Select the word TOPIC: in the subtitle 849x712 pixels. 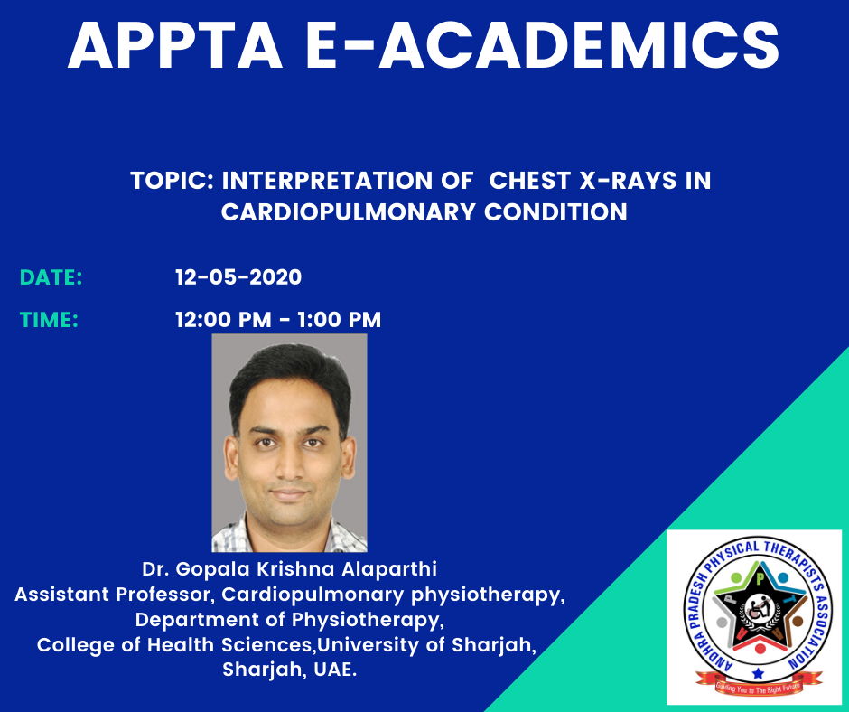pyautogui.click(x=173, y=181)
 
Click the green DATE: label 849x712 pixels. pyautogui.click(x=51, y=277)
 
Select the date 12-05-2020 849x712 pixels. pyautogui.click(x=238, y=277)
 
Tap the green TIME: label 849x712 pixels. pyautogui.click(x=49, y=320)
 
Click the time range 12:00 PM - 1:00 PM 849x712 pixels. pyautogui.click(x=278, y=320)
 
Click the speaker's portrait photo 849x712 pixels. pyautogui.click(x=289, y=443)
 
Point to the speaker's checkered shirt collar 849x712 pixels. pyautogui.click(x=289, y=534)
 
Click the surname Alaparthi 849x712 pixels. pyautogui.click(x=389, y=569)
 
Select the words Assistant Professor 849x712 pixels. pyautogui.click(x=111, y=595)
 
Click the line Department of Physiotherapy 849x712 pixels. pyautogui.click(x=289, y=619)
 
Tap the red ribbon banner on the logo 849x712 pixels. pyautogui.click(x=758, y=684)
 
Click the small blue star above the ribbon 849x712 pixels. pyautogui.click(x=758, y=673)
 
